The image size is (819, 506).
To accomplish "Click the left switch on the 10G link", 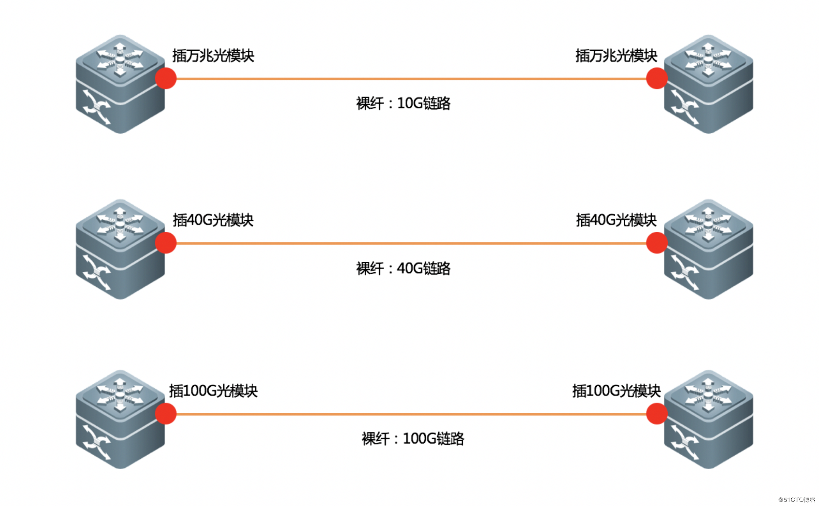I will click(120, 84).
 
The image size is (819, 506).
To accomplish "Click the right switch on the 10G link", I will click(708, 84).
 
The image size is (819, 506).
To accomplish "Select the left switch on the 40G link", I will click(120, 249).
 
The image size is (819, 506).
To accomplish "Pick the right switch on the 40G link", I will click(708, 249).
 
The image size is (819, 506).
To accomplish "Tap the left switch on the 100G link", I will click(120, 420).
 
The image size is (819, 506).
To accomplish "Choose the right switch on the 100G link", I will click(708, 420).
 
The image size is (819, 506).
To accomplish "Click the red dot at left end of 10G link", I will click(166, 78).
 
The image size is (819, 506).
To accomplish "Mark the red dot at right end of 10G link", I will click(657, 78).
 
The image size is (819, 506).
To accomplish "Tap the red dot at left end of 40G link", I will click(166, 243).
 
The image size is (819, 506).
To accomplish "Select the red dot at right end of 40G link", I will click(657, 243).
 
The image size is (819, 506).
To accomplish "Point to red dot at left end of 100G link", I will click(166, 414).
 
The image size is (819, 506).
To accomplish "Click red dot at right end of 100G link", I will click(657, 414).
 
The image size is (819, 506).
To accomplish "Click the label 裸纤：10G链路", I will click(403, 103).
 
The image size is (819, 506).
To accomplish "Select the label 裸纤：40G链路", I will click(403, 268).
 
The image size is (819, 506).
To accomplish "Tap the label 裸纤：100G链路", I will click(413, 439).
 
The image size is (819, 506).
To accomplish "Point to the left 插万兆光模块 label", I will click(213, 56).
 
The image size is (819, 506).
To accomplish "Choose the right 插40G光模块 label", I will click(616, 220).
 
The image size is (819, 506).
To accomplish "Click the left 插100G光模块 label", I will click(213, 391).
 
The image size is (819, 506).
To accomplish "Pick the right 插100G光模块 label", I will click(616, 391).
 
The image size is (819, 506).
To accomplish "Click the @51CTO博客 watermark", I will click(796, 500).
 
